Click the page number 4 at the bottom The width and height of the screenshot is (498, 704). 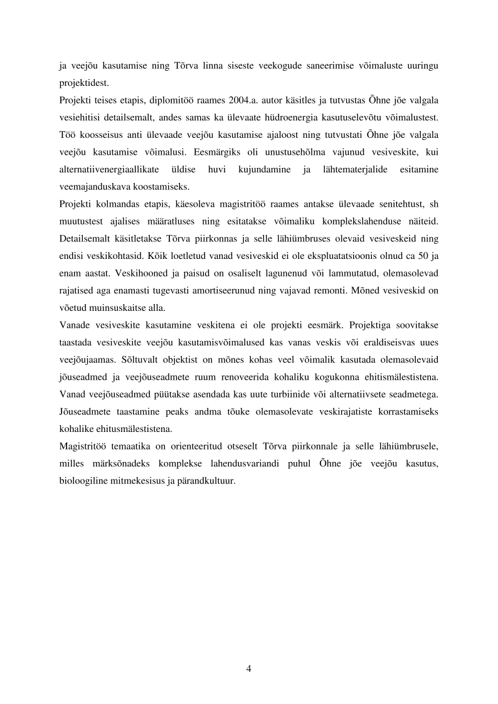(249, 668)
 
